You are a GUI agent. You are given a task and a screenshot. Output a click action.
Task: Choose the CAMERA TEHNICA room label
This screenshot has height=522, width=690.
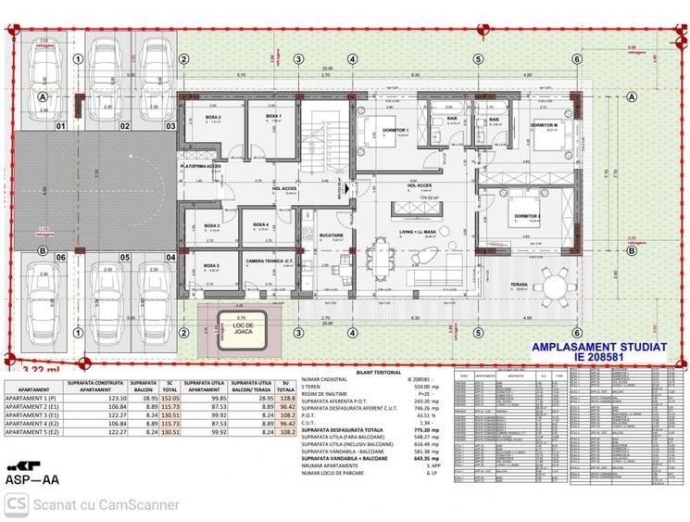270,261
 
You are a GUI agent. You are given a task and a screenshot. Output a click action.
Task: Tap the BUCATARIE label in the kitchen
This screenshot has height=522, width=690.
331,236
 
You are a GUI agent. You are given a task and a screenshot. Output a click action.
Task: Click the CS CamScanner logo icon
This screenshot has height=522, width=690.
16,504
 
